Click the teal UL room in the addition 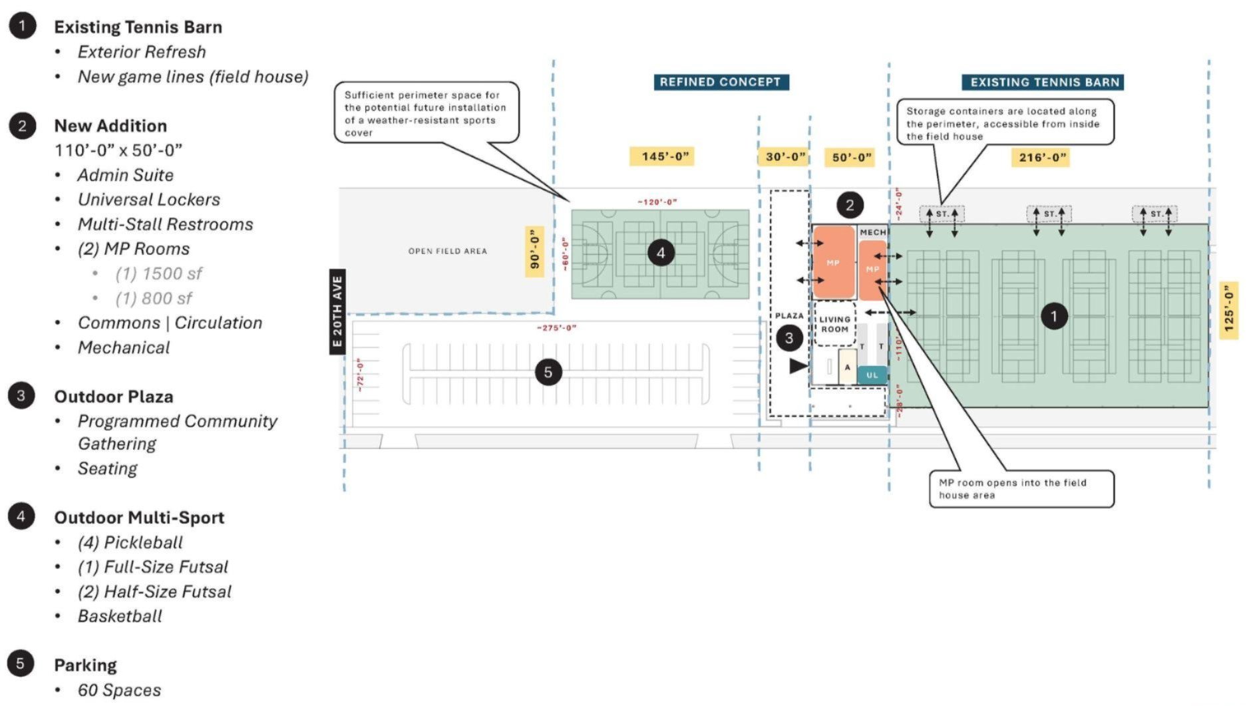point(872,375)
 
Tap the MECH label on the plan point(872,232)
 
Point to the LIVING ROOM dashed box point(834,324)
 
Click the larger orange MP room point(833,262)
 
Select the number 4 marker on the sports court point(661,253)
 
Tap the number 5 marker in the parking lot point(548,372)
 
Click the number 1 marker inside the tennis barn point(1053,316)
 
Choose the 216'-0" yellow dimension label point(1042,158)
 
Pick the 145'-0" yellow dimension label point(661,156)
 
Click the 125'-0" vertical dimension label point(1228,310)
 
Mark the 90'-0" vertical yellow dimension point(534,251)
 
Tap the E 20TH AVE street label point(337,311)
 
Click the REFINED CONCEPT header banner point(720,82)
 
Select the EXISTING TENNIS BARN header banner point(1043,83)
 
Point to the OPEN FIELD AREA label point(447,251)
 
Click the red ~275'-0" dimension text point(556,327)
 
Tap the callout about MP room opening point(1021,489)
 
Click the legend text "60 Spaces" point(119,690)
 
